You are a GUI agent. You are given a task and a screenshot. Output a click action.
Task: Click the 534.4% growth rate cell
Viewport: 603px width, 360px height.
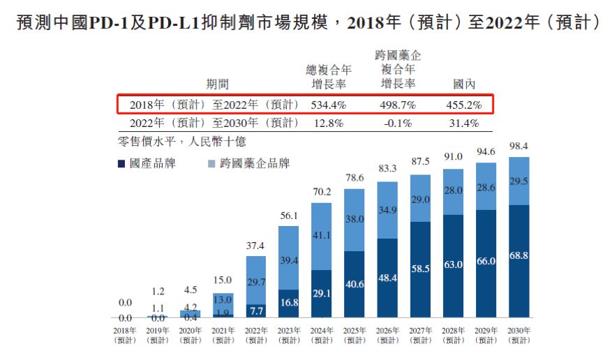(x=328, y=105)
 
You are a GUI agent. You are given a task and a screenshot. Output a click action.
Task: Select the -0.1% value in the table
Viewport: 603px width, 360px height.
(x=398, y=123)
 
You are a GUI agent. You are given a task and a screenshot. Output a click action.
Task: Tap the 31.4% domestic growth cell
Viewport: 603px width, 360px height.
(x=463, y=123)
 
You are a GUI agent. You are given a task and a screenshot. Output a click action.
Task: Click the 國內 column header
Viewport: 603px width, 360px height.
(x=464, y=84)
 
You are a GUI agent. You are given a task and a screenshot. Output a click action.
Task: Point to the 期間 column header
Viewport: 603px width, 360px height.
(x=217, y=84)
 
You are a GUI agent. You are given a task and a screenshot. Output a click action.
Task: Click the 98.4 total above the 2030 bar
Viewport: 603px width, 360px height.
(x=519, y=146)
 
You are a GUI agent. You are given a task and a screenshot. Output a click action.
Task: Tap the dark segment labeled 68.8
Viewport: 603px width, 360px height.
(x=519, y=257)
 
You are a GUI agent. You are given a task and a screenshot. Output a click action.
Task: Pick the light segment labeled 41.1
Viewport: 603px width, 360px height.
(x=321, y=236)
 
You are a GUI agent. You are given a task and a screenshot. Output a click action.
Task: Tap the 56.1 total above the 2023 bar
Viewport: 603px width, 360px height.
(x=288, y=216)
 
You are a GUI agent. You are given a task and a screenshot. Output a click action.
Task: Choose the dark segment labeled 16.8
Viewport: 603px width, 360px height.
(x=288, y=303)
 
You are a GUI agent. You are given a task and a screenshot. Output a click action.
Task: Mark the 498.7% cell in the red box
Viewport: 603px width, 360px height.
(x=398, y=105)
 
